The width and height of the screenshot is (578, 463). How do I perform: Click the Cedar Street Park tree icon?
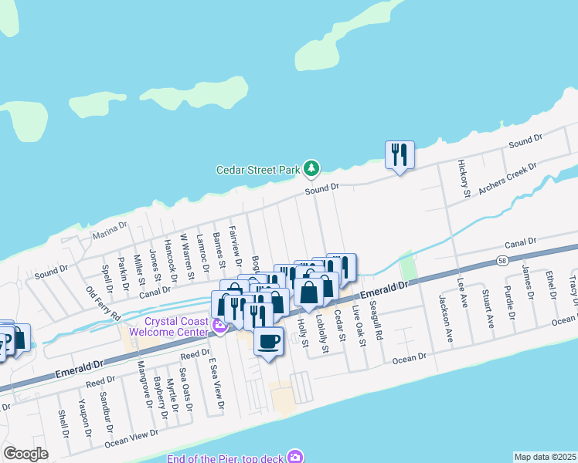pyautogui.click(x=311, y=167)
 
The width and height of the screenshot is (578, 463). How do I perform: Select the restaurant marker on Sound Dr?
pyautogui.click(x=399, y=155)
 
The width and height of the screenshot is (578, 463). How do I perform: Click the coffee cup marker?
pyautogui.click(x=268, y=341)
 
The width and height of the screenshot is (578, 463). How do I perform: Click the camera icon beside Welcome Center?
pyautogui.click(x=219, y=327)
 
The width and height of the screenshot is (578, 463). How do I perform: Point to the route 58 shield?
pyautogui.click(x=502, y=260)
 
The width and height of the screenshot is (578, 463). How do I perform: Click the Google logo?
pyautogui.click(x=25, y=454)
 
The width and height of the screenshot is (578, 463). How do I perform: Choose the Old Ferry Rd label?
pyautogui.click(x=104, y=304)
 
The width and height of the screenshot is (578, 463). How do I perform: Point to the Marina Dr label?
pyautogui.click(x=109, y=231)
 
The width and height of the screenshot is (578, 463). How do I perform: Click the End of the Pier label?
pyautogui.click(x=224, y=458)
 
